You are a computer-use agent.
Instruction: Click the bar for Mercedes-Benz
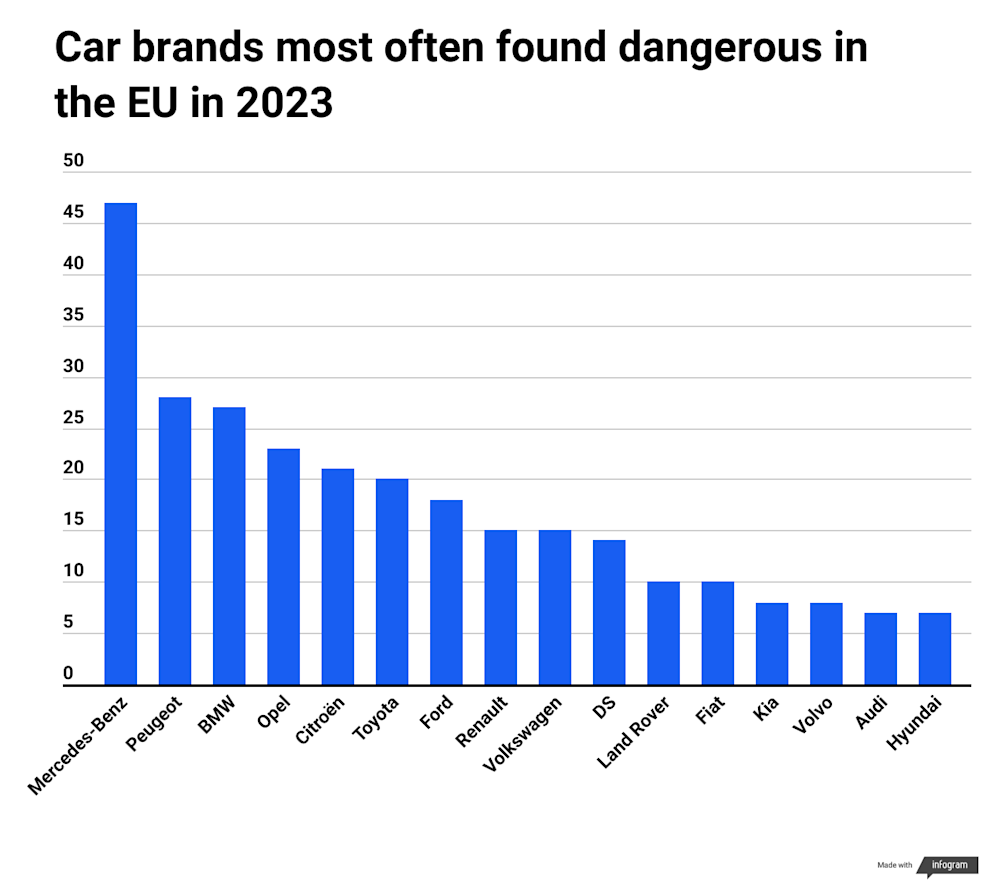point(121,444)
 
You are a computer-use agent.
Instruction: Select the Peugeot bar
point(175,541)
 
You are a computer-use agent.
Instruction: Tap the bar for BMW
point(229,546)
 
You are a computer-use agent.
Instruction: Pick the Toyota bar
point(392,582)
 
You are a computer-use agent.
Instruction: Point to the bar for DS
point(609,612)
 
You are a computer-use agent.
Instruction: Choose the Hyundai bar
point(934,649)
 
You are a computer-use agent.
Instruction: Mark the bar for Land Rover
point(663,633)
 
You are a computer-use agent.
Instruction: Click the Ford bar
point(446,592)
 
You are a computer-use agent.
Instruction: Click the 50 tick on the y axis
point(74,161)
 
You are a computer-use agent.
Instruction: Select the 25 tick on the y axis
point(74,418)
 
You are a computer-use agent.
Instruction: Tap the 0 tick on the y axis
point(69,675)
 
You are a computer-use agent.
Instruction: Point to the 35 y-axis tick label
point(74,315)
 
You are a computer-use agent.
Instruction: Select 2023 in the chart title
point(284,103)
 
